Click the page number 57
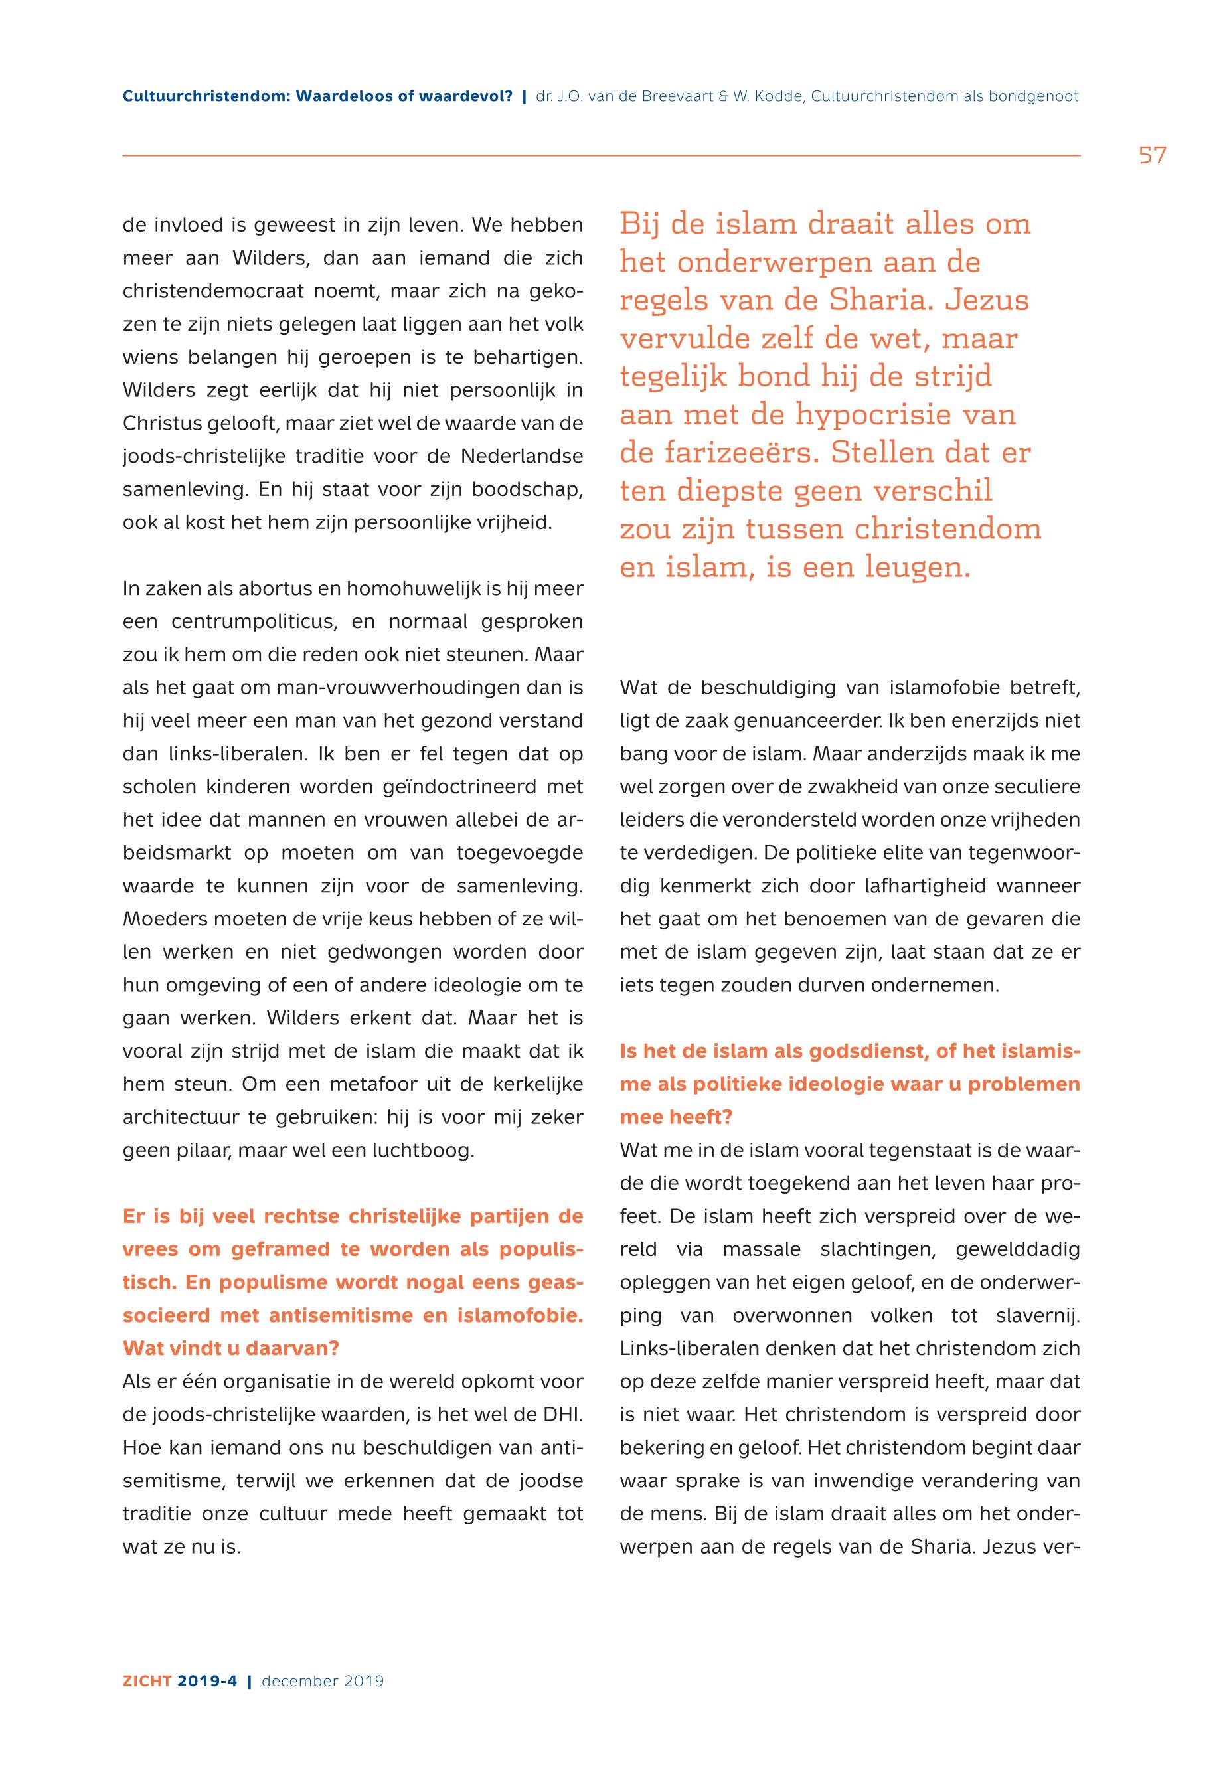click(1152, 156)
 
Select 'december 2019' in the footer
click(323, 1682)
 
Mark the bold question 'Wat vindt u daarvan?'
click(231, 1348)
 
